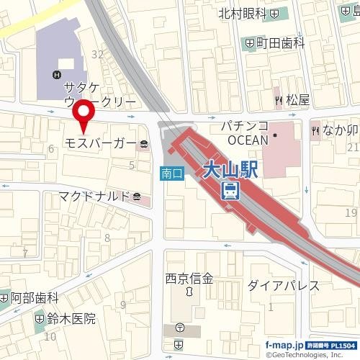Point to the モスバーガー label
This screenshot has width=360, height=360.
100,144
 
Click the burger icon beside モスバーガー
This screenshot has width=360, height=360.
144,144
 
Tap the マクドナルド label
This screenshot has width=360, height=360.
94,196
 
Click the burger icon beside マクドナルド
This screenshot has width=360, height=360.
138,196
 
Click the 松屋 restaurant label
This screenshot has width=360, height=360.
297,100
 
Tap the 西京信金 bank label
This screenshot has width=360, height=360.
189,277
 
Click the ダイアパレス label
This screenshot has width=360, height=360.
283,285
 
